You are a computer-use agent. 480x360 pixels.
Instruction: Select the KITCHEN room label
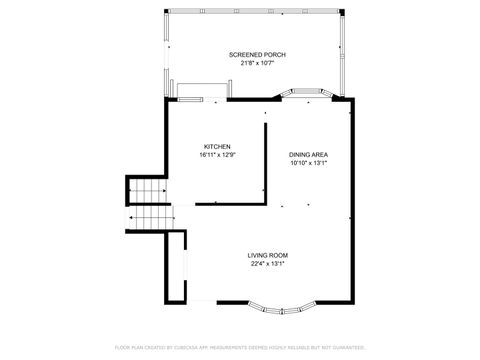217,146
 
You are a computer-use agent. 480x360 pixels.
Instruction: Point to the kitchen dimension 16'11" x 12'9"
217,155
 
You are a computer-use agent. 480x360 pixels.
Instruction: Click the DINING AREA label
309,154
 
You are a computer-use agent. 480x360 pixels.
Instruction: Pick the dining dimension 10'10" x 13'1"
309,163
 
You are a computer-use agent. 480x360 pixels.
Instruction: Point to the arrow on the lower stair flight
134,217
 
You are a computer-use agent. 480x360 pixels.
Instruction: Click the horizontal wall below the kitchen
230,203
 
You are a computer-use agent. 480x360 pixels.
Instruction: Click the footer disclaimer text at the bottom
240,347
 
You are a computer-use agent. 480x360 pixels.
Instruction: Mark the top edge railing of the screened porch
258,13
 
